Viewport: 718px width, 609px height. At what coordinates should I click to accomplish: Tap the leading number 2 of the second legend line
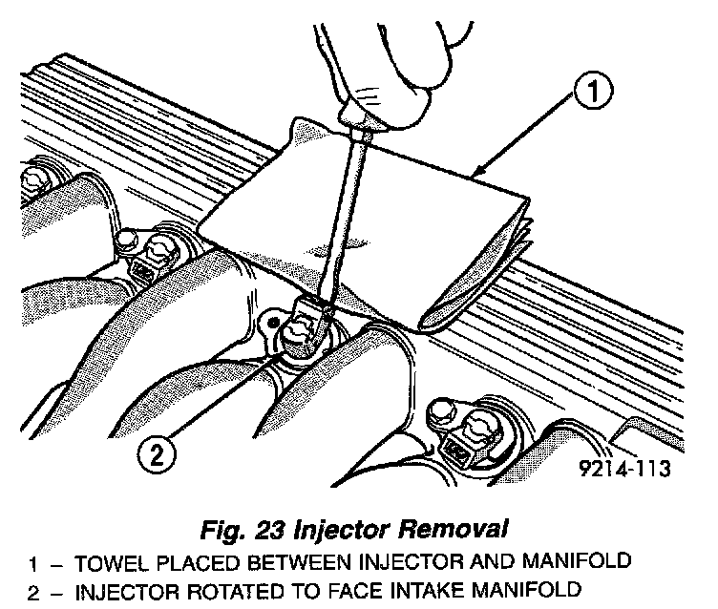tap(33, 590)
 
